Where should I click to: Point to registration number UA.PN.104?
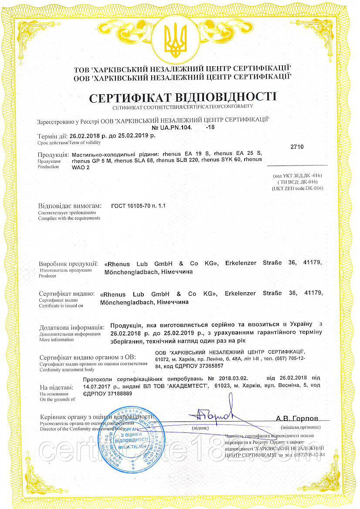pos(172,128)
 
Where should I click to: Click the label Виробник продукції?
pos(68,264)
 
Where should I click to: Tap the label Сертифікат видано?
pos(66,294)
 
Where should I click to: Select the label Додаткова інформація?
pos(71,327)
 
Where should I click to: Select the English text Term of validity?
pos(85,142)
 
